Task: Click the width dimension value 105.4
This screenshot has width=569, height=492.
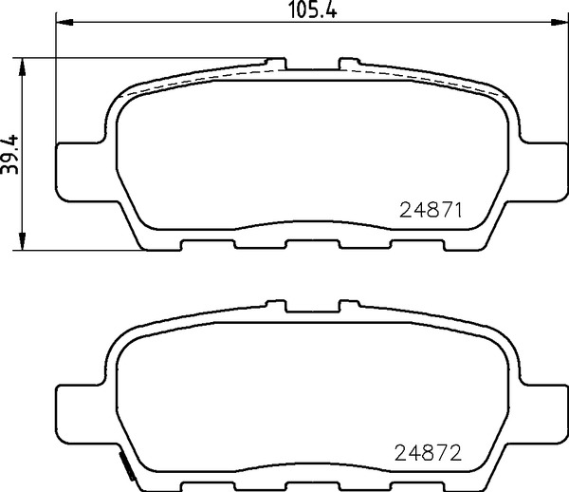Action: click(312, 9)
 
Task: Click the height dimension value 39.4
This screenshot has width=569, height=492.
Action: click(9, 154)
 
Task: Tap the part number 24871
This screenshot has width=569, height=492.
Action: click(431, 210)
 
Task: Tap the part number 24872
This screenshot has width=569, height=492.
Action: click(428, 453)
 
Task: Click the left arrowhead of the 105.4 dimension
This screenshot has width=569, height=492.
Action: click(65, 23)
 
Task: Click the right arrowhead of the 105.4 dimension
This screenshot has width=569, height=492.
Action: click(559, 23)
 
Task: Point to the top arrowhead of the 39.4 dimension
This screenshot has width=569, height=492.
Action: click(23, 66)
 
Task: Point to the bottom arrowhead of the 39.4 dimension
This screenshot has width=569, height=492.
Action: click(23, 241)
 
